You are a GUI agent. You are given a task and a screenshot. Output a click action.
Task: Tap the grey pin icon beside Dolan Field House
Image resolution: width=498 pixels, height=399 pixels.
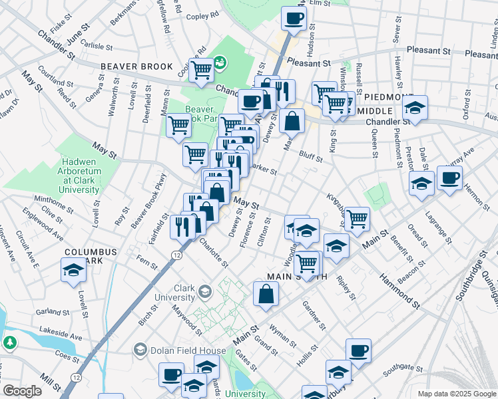point(140,349)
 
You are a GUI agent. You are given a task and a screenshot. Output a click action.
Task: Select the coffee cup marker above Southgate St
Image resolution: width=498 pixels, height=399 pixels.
point(358,352)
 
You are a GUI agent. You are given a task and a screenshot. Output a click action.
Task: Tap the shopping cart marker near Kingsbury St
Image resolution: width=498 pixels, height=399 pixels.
point(357,219)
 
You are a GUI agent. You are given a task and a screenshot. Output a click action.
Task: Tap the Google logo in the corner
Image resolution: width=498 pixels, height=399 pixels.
point(22,391)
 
